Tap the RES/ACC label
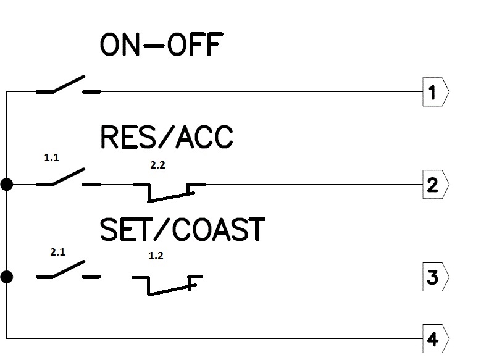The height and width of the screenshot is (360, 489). click(x=167, y=137)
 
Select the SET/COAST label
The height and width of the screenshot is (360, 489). click(x=182, y=230)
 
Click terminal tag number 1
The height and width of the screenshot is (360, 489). click(x=435, y=93)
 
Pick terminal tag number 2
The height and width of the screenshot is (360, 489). click(x=435, y=185)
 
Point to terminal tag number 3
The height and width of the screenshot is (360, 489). click(x=435, y=277)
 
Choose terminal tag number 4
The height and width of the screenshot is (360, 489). click(x=435, y=338)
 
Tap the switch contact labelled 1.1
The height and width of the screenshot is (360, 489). click(x=68, y=178)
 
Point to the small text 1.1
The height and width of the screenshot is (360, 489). click(x=51, y=158)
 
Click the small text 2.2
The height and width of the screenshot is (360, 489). click(x=158, y=165)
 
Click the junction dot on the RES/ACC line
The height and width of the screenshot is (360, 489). click(x=7, y=185)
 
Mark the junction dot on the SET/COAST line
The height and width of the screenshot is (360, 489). click(x=7, y=277)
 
